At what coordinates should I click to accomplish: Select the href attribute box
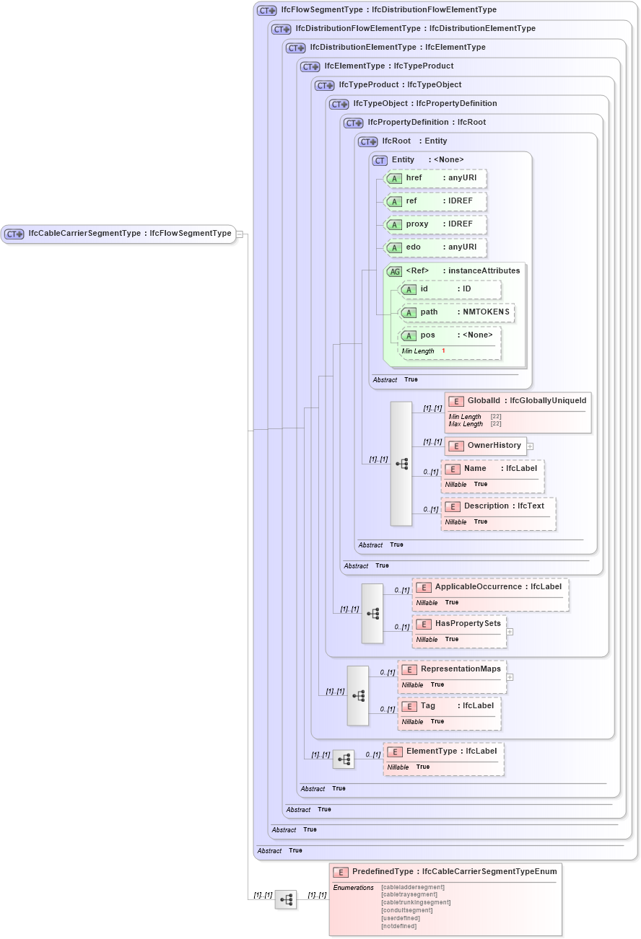[435, 178]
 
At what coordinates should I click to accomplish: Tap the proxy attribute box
[435, 224]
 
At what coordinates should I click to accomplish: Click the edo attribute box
[435, 247]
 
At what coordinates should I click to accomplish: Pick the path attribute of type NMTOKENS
[457, 312]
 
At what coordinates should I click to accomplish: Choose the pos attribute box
[450, 335]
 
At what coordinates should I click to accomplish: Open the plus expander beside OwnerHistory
[530, 446]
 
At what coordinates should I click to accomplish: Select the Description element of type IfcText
[498, 506]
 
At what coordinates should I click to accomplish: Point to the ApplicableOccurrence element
[490, 587]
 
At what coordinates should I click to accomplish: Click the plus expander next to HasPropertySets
[510, 631]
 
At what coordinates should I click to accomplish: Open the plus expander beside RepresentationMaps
[510, 677]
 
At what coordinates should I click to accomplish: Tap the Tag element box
[449, 706]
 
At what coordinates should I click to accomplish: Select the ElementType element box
[443, 751]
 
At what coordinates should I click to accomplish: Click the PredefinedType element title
[444, 872]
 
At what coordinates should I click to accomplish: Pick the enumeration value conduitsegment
[406, 910]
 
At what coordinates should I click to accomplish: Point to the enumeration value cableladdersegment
[412, 887]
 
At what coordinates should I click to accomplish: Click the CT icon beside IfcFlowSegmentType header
[267, 11]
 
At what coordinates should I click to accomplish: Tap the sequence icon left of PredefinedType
[286, 899]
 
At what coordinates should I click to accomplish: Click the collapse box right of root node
[240, 234]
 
